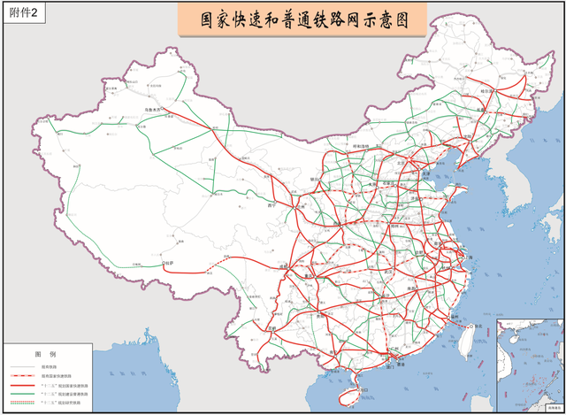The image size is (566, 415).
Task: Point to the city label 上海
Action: click(470, 257)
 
